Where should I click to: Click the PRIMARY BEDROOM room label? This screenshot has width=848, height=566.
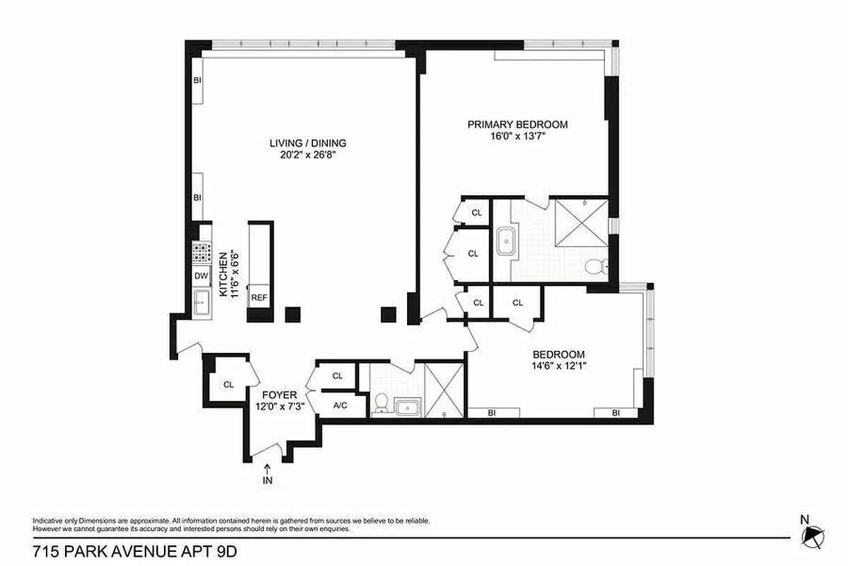click(517, 125)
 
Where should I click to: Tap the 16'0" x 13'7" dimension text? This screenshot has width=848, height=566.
click(517, 137)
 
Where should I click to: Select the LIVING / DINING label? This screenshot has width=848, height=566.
click(307, 143)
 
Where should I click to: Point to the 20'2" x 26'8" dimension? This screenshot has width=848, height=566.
click(307, 155)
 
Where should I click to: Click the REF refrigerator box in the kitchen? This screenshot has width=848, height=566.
click(259, 298)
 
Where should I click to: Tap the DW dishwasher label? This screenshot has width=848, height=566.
click(200, 276)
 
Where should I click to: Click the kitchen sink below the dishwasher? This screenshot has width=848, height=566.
click(201, 302)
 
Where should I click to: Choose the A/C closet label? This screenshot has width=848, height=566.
click(340, 405)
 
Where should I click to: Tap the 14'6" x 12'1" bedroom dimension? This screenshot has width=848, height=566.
click(559, 366)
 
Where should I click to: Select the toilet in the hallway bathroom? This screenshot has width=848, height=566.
click(380, 403)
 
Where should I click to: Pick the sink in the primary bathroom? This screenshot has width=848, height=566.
click(507, 242)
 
